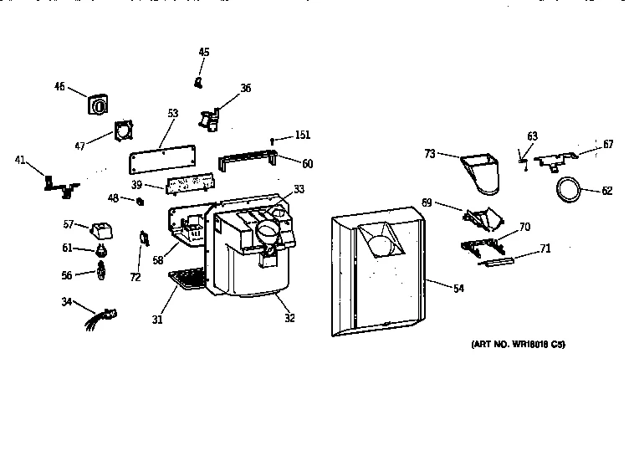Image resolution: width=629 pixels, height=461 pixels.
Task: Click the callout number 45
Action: (x=204, y=53)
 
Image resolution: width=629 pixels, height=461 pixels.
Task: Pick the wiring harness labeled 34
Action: (x=100, y=317)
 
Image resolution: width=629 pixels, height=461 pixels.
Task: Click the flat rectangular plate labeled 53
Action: (x=163, y=161)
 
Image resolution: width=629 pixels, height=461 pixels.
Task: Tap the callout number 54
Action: (x=458, y=288)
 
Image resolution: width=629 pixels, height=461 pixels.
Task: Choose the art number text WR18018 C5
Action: (x=512, y=344)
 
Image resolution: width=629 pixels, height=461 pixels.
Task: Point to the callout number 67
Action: (x=608, y=145)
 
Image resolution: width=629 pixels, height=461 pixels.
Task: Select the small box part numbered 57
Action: (x=103, y=228)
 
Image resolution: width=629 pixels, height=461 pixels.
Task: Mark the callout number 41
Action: (x=19, y=158)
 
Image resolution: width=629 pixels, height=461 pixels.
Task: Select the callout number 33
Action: (x=299, y=188)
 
